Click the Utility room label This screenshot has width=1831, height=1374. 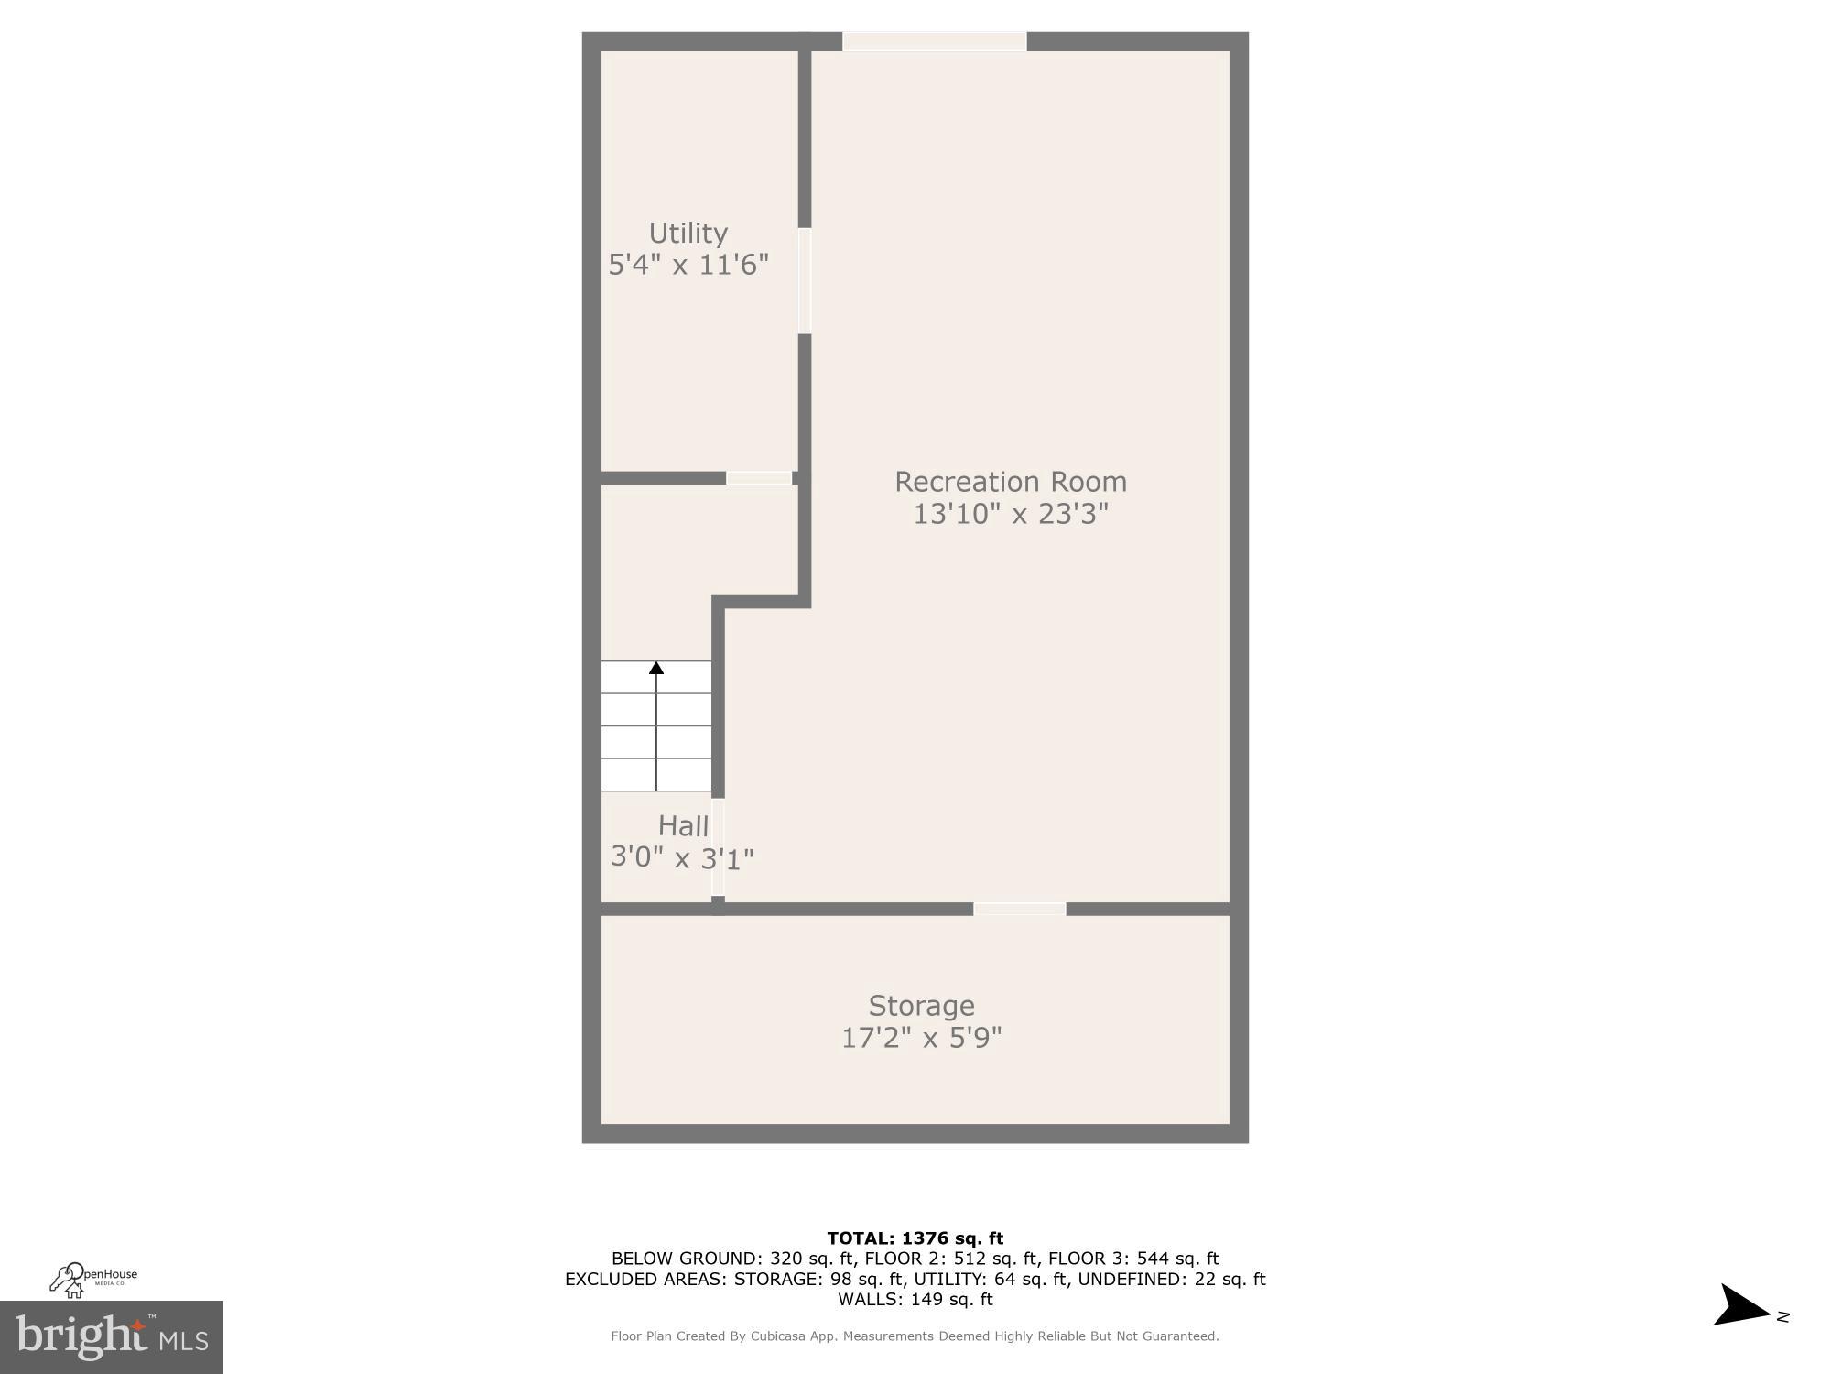tap(688, 234)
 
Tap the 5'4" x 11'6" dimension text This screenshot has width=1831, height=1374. tap(688, 265)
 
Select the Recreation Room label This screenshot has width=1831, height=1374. tap(1011, 482)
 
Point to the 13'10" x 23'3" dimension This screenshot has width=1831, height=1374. tap(1011, 514)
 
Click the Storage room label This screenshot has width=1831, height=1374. tap(921, 1006)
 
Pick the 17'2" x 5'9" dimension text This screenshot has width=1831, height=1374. tap(921, 1038)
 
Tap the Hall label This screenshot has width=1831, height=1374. tap(683, 826)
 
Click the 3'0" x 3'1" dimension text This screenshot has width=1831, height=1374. tap(682, 858)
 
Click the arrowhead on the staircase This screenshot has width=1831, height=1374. tap(656, 668)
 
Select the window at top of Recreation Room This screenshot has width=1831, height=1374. tap(934, 41)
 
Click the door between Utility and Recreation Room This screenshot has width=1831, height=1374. tap(805, 280)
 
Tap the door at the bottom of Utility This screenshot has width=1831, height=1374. tap(759, 478)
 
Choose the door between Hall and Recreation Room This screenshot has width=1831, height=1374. tap(718, 847)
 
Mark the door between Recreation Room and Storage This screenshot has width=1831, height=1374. tap(1020, 909)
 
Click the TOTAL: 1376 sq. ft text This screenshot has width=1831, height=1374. tap(915, 1238)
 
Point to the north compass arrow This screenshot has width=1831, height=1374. tap(1743, 1305)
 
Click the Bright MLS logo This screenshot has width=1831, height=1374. tap(112, 1337)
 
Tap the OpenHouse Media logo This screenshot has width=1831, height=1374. tap(93, 1280)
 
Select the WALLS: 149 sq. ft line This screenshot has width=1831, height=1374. tap(915, 1299)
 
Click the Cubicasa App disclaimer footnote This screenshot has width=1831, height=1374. tap(915, 1336)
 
